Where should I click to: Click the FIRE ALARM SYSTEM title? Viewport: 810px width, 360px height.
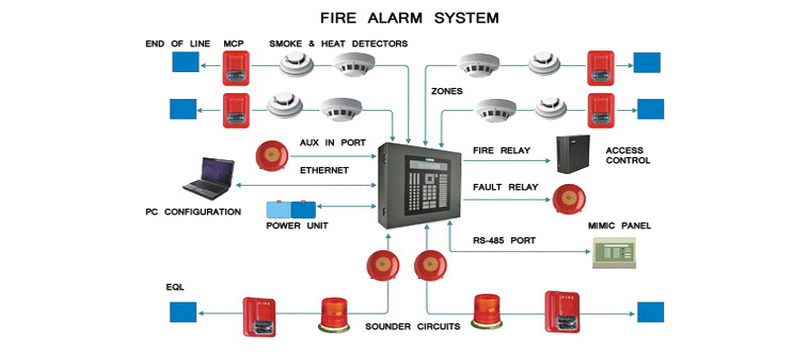(x=410, y=18)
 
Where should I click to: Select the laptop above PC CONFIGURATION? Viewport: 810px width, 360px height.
(x=209, y=179)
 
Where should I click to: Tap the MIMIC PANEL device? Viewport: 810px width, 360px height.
(x=613, y=253)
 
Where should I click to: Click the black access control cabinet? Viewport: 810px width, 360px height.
(x=573, y=154)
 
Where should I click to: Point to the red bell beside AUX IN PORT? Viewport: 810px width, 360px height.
(x=272, y=155)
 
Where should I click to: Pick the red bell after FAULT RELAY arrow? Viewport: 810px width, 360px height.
(x=569, y=200)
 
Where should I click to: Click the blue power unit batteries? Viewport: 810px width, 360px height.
(x=291, y=209)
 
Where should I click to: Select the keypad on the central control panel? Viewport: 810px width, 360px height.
(x=430, y=193)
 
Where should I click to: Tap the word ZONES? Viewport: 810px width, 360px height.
(x=447, y=91)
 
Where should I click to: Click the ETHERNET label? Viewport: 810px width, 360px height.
(x=324, y=170)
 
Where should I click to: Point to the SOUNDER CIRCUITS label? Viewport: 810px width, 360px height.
(x=413, y=326)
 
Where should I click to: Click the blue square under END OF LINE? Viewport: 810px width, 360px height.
(x=185, y=61)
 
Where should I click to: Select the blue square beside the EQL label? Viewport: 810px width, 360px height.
(x=183, y=312)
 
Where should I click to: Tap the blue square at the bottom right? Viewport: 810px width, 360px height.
(x=650, y=312)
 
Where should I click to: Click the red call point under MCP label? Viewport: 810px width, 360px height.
(x=236, y=68)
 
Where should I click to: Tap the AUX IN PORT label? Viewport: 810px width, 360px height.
(x=333, y=142)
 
